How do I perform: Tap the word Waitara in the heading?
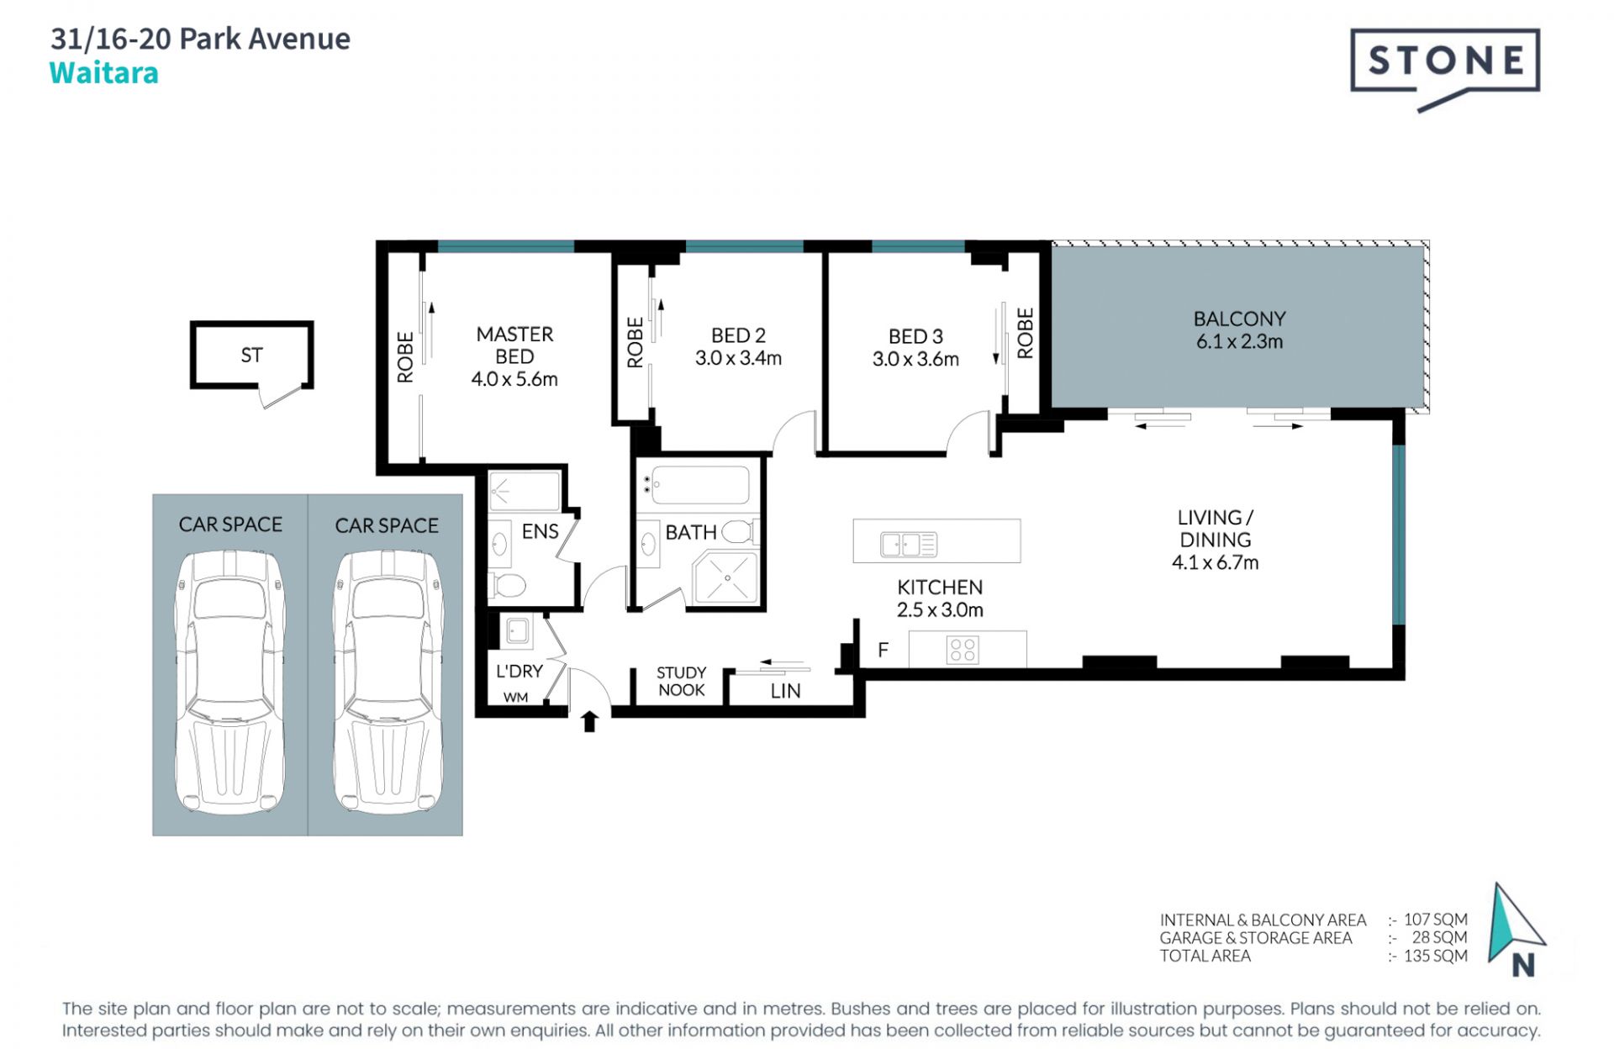point(104,73)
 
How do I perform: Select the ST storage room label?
point(251,355)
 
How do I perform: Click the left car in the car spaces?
point(229,682)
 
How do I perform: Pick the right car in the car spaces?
point(388,682)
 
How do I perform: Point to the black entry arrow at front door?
point(589,720)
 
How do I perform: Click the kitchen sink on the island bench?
point(909,544)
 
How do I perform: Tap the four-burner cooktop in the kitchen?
point(963,650)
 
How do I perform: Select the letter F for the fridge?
point(883,650)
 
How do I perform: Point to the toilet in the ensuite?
point(507,584)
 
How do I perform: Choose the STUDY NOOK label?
point(681,681)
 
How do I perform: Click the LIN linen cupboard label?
point(785,691)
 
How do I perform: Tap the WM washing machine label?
point(515,697)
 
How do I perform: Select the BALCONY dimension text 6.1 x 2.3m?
point(1239,341)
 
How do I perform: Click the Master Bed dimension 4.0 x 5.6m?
point(514,379)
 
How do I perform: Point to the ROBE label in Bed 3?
point(1025,333)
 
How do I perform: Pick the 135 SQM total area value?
point(1436,956)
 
